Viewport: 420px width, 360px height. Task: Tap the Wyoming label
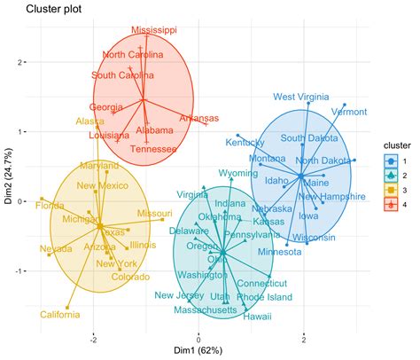point(238,173)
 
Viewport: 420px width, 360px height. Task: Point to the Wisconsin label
point(314,238)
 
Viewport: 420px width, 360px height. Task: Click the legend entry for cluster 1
point(391,160)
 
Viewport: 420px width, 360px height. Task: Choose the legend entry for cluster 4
point(391,205)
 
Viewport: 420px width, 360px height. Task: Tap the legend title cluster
point(393,145)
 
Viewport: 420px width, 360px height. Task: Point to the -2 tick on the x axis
point(92,338)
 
